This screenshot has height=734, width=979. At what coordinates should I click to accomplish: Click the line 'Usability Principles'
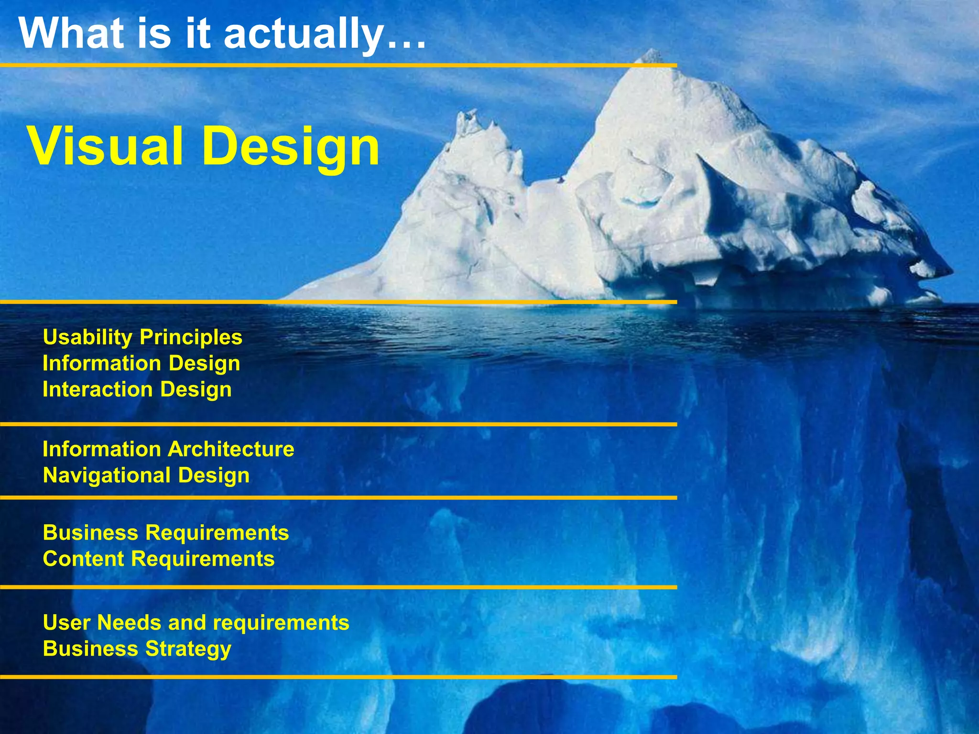[x=142, y=337]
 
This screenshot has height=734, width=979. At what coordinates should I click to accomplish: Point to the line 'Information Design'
[x=141, y=363]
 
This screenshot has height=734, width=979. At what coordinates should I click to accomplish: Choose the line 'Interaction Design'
[x=137, y=389]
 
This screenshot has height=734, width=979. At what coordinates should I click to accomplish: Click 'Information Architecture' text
[x=168, y=449]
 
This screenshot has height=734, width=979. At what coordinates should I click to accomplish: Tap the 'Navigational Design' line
[x=146, y=475]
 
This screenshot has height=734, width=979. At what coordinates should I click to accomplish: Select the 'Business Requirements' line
[x=165, y=533]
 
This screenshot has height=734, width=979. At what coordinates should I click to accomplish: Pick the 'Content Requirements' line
[x=158, y=559]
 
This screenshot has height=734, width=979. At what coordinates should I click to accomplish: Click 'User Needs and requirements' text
[x=196, y=623]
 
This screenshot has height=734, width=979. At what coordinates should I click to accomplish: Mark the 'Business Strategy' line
[x=137, y=649]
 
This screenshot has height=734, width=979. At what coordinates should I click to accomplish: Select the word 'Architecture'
[x=231, y=449]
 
